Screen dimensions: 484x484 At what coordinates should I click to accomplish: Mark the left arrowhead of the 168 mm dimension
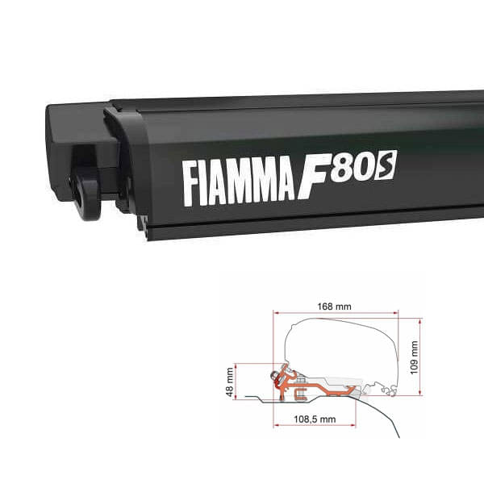[276, 313]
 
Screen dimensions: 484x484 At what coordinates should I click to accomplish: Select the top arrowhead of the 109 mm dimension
[419, 320]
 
